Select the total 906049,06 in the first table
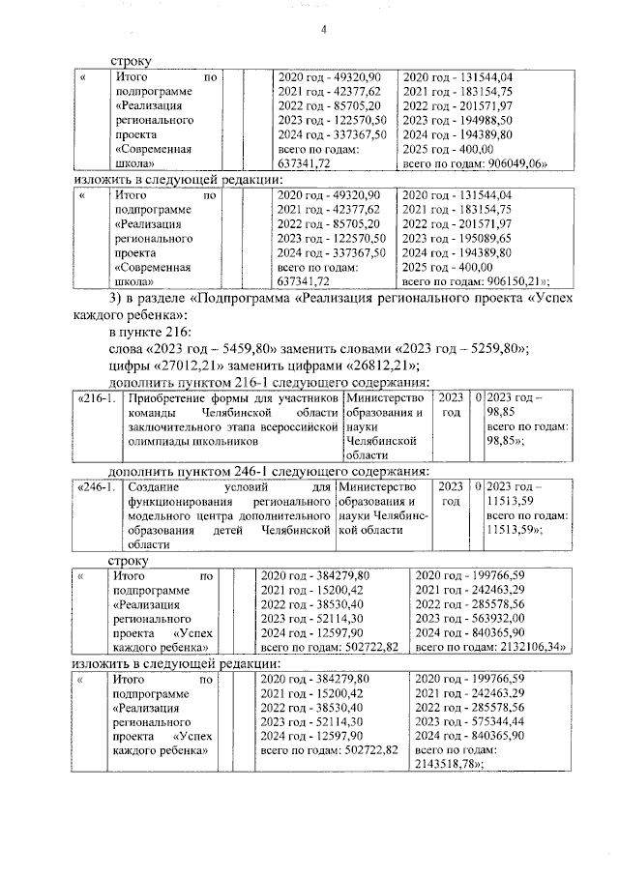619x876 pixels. [510, 164]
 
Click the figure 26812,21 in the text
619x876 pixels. [379, 365]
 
